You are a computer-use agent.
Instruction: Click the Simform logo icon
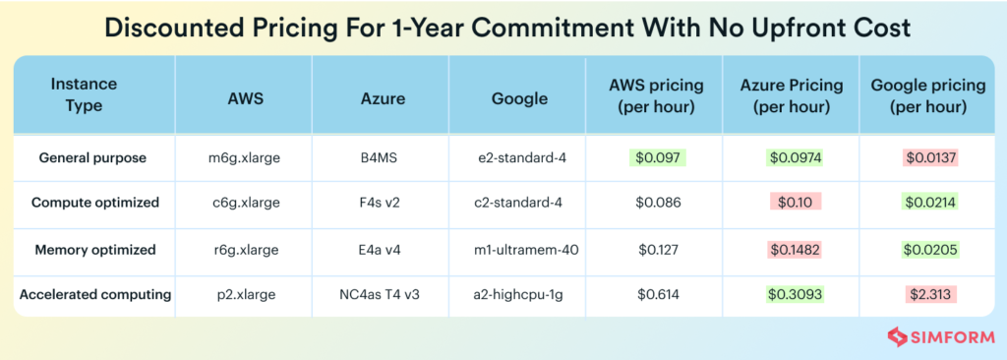pos(896,337)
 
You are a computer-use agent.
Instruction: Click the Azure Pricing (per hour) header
pos(791,95)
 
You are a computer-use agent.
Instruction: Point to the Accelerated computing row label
pos(94,294)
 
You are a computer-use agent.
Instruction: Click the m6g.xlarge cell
pos(243,157)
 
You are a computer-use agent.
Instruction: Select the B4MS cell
pos(380,157)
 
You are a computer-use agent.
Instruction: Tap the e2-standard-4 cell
pos(518,157)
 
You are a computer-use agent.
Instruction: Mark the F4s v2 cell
pos(380,203)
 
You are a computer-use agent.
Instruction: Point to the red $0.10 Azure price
pos(792,203)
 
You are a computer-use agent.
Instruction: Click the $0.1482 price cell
pos(792,249)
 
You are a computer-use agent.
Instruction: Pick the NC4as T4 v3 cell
pos(380,294)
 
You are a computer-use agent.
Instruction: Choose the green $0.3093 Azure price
pos(792,294)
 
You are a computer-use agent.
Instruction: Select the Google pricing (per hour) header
pos(928,95)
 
